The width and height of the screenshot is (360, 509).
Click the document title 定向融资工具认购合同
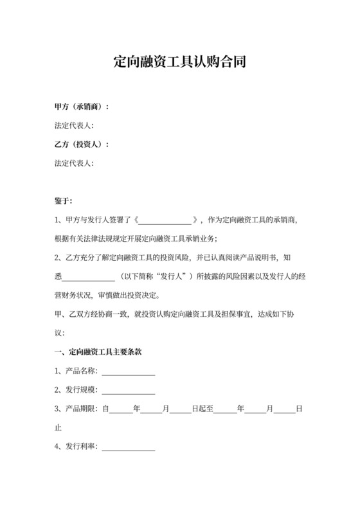click(x=180, y=63)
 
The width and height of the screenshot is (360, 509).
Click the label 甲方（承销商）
click(x=80, y=106)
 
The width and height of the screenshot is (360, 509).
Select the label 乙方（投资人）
click(x=80, y=144)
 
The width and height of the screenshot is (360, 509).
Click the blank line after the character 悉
click(x=89, y=277)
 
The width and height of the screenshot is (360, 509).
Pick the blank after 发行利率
click(x=128, y=447)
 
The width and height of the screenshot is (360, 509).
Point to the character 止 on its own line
click(x=59, y=427)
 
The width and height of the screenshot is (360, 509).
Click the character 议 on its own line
click(x=59, y=333)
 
